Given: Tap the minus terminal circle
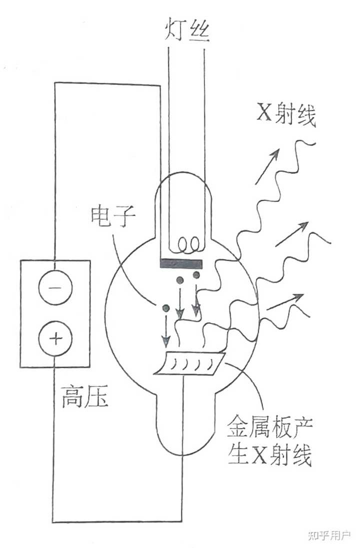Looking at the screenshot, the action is [x=55, y=287].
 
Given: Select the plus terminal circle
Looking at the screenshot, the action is [x=55, y=339].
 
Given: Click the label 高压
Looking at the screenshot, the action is [x=84, y=396].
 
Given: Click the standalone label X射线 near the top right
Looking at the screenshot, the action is [x=286, y=114].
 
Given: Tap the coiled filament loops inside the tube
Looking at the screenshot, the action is [x=188, y=244].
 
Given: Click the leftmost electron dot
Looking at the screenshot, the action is [x=166, y=308].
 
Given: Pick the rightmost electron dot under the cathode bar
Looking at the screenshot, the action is [x=196, y=275].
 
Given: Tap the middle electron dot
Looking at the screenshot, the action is [x=180, y=280].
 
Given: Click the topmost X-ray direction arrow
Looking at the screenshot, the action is [x=267, y=166].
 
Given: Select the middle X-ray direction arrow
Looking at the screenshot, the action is [x=292, y=234].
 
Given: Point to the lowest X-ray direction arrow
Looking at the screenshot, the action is [x=284, y=302].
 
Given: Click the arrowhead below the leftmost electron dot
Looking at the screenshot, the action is [x=166, y=342].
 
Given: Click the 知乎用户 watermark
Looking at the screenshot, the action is [x=329, y=535].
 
